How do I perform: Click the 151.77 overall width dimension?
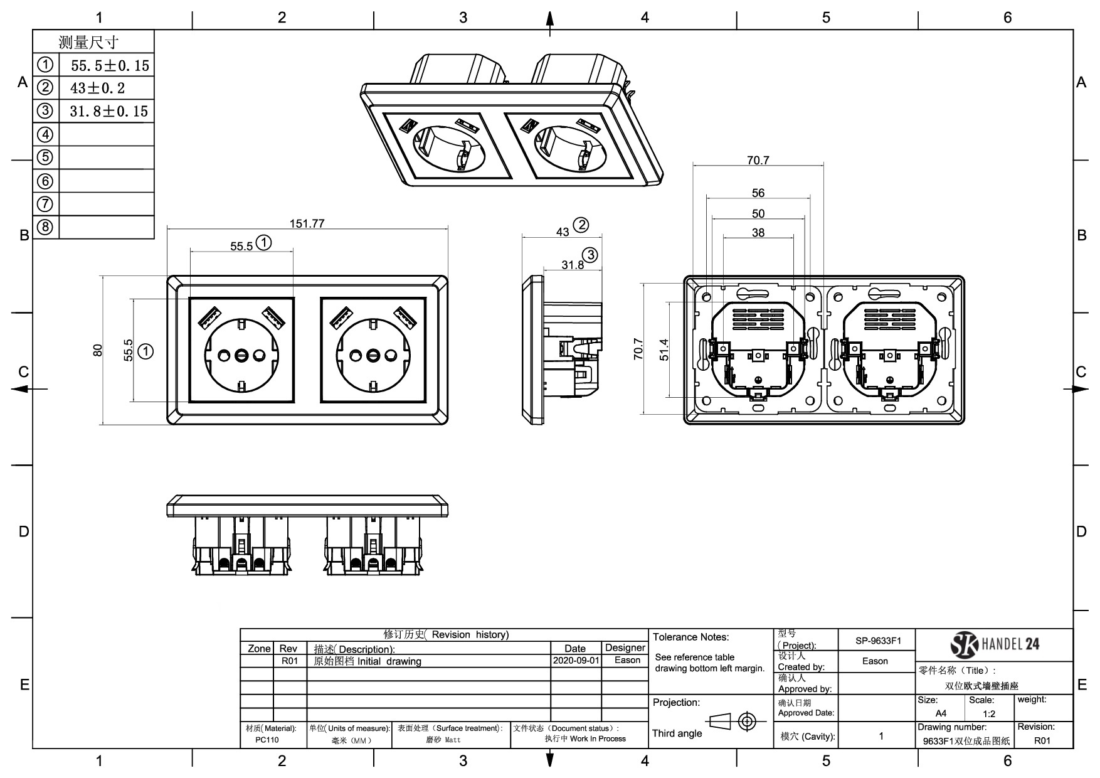click(x=307, y=223)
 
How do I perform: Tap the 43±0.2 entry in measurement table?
click(x=97, y=88)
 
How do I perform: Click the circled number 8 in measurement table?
click(x=45, y=227)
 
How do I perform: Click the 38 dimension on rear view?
click(x=758, y=233)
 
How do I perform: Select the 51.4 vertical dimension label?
click(x=664, y=349)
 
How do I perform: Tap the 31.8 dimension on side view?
click(x=572, y=265)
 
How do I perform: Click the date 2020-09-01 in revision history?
click(x=576, y=661)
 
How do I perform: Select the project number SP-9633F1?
click(x=877, y=641)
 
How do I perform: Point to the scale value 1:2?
click(x=989, y=714)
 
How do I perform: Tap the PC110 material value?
click(x=267, y=740)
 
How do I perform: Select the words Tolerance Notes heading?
click(x=690, y=637)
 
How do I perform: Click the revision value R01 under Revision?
click(x=1042, y=740)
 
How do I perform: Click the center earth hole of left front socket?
click(x=242, y=356)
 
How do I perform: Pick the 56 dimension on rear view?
click(x=758, y=193)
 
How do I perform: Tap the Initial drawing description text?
click(x=389, y=661)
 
